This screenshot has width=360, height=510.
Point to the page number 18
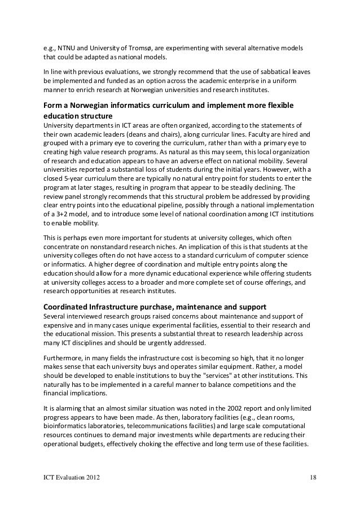tap(313, 479)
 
